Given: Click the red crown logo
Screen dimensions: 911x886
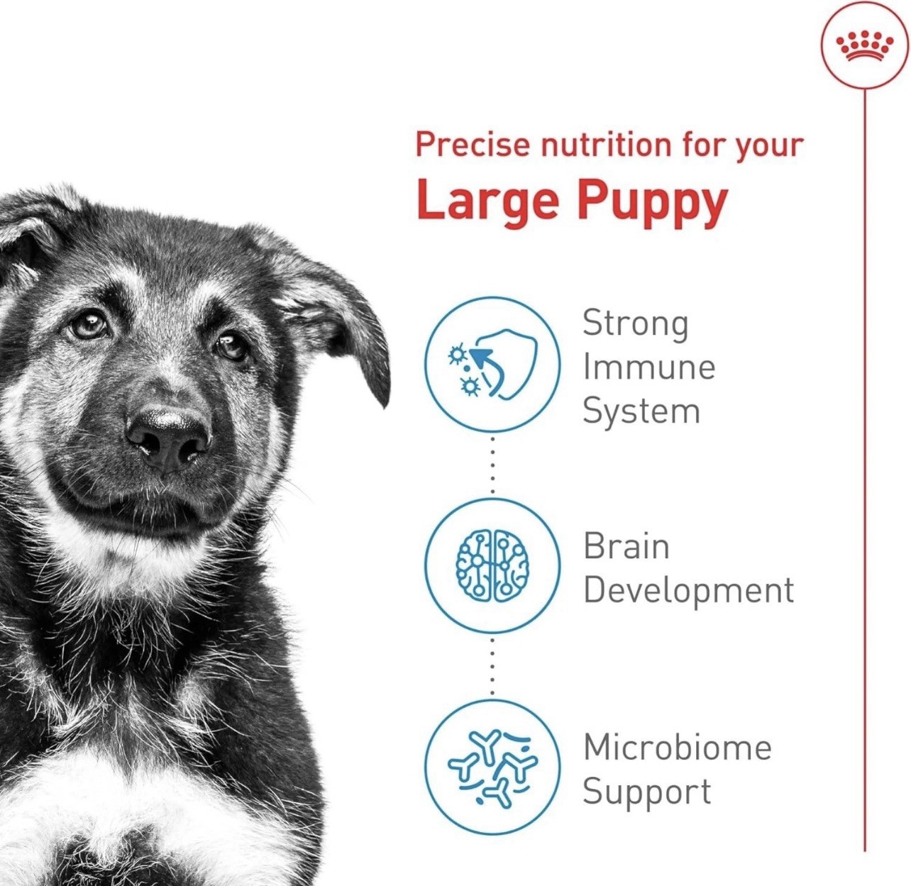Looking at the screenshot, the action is (865, 46).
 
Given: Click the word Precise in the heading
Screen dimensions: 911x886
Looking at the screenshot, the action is (474, 145).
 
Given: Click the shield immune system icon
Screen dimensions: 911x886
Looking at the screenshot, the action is (492, 365).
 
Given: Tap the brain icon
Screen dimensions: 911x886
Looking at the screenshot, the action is (492, 566).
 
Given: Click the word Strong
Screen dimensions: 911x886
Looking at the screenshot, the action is (636, 325).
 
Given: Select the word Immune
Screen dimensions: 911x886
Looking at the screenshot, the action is (649, 368).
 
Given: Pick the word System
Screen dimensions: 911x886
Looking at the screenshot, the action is (641, 413).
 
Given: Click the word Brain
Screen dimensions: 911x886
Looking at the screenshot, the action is (626, 546).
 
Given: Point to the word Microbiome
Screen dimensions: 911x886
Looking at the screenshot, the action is (678, 747).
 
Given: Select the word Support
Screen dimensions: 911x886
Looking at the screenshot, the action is (647, 793).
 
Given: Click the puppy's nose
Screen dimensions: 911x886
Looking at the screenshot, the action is (169, 438).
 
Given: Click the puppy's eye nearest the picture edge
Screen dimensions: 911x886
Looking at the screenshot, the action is (89, 324).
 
